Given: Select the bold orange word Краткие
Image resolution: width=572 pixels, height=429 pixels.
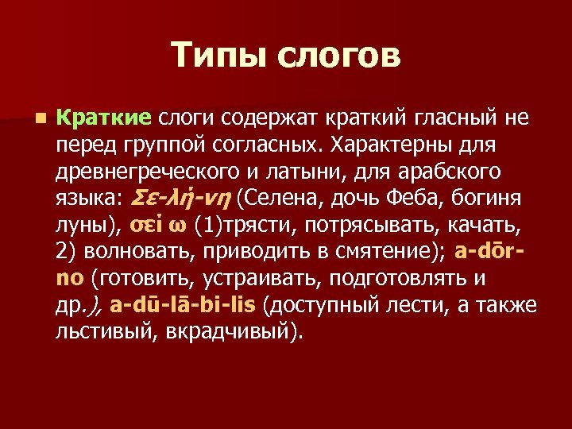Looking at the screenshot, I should point(104,119).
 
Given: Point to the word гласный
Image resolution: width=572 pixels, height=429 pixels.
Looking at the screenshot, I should point(462,119).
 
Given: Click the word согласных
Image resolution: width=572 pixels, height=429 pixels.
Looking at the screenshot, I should point(249,146).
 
